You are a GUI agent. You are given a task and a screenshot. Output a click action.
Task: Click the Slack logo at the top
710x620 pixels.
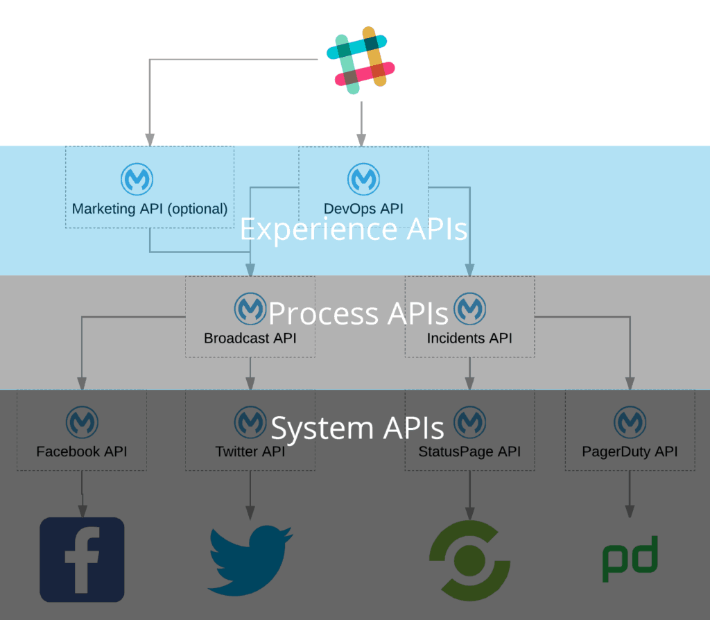tap(361, 60)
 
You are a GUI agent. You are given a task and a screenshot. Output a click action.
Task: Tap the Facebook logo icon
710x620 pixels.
tap(82, 559)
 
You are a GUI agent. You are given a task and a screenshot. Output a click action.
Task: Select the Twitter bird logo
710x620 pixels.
tap(250, 560)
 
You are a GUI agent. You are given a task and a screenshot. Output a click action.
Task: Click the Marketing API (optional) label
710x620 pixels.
tap(150, 208)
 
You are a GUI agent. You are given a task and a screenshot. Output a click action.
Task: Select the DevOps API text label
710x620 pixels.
tap(363, 208)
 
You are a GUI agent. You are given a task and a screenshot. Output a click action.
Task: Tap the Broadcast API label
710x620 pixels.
tap(250, 338)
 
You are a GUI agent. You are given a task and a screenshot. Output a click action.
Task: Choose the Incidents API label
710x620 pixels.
tap(469, 338)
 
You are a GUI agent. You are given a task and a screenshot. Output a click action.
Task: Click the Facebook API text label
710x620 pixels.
tap(82, 452)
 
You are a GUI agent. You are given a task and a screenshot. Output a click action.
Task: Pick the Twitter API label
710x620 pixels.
tap(250, 452)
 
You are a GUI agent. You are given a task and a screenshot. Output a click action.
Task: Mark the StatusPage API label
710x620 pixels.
tap(469, 452)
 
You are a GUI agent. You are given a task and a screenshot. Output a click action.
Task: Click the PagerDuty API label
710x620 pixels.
tap(630, 452)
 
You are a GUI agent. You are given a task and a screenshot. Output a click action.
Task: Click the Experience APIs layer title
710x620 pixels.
tap(354, 230)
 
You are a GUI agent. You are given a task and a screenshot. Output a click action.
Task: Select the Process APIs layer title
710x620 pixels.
tap(358, 313)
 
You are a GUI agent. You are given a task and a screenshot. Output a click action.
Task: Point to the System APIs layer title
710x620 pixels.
tap(357, 428)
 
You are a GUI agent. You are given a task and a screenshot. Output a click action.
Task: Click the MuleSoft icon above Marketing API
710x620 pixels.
tap(137, 180)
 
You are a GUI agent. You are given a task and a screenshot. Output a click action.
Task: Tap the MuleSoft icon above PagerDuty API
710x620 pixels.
tap(630, 422)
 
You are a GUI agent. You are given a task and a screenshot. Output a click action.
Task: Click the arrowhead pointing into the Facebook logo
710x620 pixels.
tap(83, 511)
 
